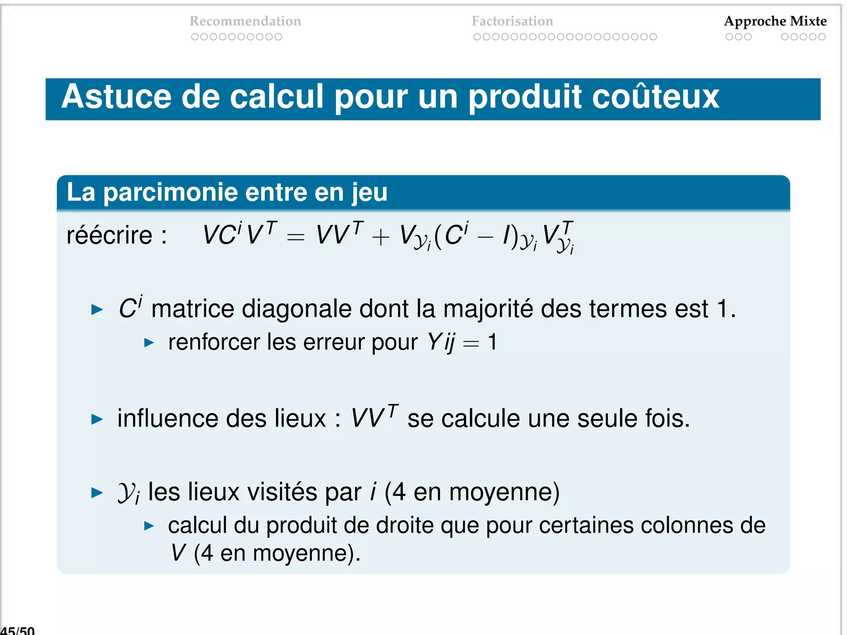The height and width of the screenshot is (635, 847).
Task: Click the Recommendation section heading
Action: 245,21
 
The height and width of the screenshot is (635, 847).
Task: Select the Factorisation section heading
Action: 512,21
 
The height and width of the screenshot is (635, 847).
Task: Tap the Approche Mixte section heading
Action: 775,21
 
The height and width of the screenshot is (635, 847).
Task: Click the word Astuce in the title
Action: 116,97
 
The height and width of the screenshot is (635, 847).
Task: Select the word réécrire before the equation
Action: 110,236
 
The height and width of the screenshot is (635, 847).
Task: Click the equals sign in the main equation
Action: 296,237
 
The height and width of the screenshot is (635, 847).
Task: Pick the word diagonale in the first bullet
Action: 296,309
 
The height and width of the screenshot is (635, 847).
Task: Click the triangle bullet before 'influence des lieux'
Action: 97,419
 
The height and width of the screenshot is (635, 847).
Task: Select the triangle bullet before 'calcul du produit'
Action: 149,526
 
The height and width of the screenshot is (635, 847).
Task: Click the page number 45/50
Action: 17,630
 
